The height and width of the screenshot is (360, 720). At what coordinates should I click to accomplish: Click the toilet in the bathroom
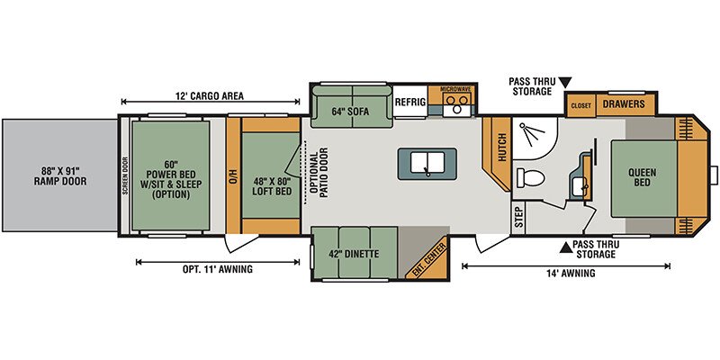[527, 178]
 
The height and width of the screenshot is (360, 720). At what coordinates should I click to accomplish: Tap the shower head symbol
[528, 133]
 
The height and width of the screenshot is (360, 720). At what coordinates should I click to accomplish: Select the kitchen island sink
[427, 164]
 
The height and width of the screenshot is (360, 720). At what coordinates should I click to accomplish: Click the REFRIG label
[410, 102]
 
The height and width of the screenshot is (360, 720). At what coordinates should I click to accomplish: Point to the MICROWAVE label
[453, 88]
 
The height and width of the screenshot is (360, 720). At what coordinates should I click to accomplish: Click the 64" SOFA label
[351, 111]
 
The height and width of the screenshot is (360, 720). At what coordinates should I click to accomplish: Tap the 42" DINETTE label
[354, 253]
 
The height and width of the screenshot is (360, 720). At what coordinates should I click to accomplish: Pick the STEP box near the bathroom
[518, 218]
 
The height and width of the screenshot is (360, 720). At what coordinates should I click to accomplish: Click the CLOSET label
[580, 105]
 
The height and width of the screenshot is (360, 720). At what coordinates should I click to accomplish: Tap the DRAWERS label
[624, 103]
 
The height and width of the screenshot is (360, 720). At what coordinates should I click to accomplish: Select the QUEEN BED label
[643, 177]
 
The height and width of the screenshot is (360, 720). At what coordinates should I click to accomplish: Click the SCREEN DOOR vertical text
[125, 176]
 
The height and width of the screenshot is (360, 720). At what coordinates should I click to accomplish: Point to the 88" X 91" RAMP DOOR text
[60, 176]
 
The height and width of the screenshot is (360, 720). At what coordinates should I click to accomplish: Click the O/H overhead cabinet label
[233, 175]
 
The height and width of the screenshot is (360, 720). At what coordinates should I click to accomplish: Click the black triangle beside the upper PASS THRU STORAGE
[565, 83]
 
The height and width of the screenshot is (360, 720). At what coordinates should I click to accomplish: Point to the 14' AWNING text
[572, 274]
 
